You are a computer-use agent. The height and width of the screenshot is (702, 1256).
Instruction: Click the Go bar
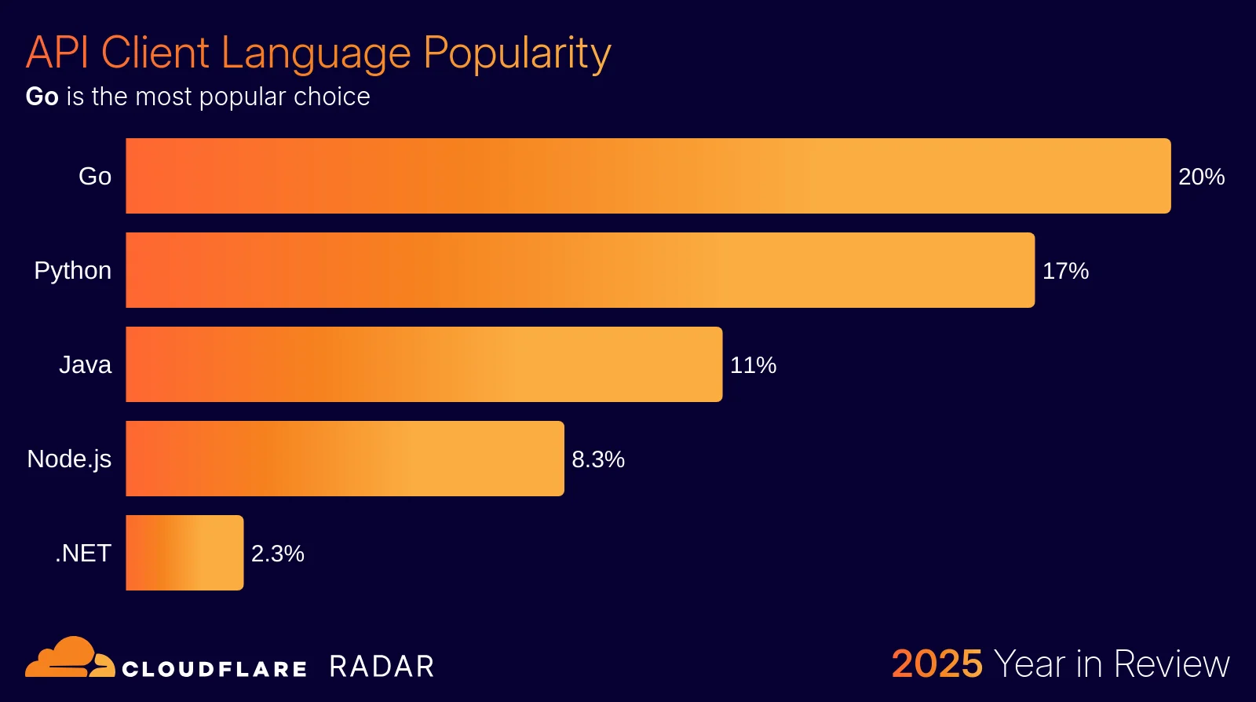click(648, 176)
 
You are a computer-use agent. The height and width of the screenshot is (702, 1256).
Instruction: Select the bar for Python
click(580, 270)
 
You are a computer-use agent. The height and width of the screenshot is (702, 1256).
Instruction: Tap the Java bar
click(424, 364)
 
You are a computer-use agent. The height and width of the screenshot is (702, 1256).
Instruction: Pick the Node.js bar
click(345, 459)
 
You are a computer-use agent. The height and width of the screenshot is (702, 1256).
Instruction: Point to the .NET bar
click(184, 553)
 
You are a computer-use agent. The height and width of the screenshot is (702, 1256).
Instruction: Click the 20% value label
click(1201, 177)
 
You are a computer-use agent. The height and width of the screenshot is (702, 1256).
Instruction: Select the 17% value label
click(1065, 271)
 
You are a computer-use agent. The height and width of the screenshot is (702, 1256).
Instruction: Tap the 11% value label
click(753, 365)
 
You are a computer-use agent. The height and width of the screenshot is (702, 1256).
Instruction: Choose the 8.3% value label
click(598, 459)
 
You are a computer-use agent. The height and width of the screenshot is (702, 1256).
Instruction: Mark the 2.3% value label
click(278, 554)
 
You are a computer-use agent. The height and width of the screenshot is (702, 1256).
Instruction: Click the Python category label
click(73, 271)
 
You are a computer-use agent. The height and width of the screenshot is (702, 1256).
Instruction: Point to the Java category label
click(85, 365)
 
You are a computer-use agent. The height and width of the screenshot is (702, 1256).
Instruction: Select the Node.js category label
click(69, 459)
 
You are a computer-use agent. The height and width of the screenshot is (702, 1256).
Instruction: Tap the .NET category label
click(83, 554)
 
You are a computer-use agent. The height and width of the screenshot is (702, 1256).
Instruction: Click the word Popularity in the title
click(517, 53)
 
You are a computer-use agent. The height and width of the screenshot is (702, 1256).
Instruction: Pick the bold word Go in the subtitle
click(42, 97)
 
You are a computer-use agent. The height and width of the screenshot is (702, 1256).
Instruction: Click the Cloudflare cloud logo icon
click(69, 658)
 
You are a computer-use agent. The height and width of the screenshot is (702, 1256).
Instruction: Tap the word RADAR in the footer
click(382, 667)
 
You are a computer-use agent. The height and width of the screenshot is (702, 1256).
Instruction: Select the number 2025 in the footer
click(937, 664)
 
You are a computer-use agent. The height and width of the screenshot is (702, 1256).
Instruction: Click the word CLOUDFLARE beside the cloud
click(214, 669)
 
